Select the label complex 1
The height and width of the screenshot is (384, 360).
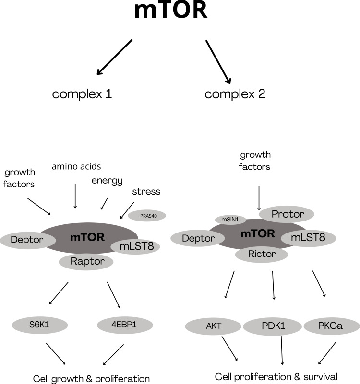[x=82, y=94]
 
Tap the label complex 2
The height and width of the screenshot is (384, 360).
[x=235, y=94]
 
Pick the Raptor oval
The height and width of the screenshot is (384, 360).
[x=86, y=261]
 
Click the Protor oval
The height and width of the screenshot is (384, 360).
[x=287, y=214]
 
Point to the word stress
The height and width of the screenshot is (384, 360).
[x=146, y=192]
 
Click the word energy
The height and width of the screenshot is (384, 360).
[x=107, y=181]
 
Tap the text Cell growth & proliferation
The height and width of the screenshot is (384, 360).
[x=91, y=378]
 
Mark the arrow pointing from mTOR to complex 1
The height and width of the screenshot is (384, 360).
[x=114, y=57]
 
